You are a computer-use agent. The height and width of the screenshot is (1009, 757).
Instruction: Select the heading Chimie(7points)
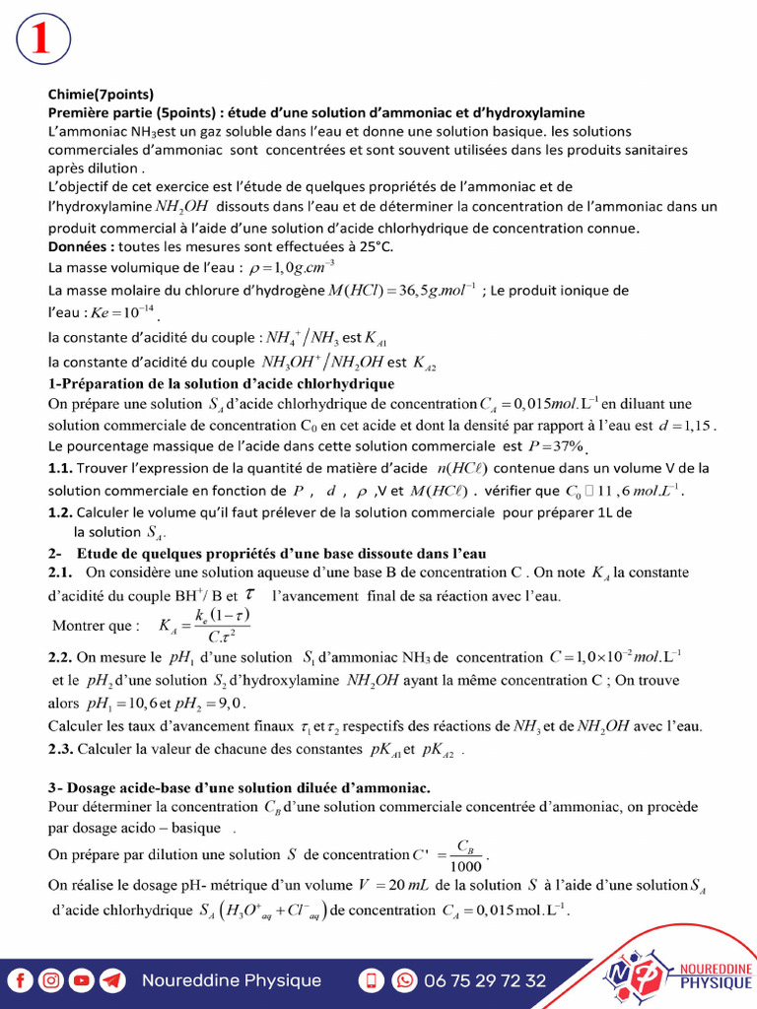[x=101, y=96]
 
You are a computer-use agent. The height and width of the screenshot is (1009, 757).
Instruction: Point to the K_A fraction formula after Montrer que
[x=204, y=625]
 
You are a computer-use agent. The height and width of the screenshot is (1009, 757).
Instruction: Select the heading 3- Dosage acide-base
[x=239, y=787]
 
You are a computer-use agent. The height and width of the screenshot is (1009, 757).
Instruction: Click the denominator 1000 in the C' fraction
[x=465, y=866]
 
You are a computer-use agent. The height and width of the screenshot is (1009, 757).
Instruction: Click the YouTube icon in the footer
[x=83, y=980]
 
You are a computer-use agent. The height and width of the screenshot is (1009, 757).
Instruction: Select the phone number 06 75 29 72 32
[x=485, y=980]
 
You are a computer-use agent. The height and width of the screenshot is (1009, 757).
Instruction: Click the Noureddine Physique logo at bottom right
[x=680, y=972]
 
